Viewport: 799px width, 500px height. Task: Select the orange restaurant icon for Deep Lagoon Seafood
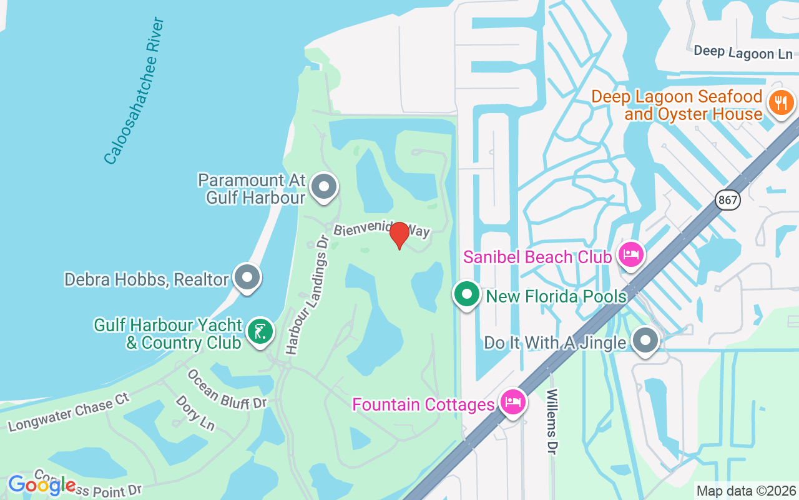click(x=781, y=102)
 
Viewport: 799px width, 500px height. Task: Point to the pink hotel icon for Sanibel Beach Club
click(x=631, y=255)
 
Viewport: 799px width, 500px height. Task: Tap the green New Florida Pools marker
click(x=466, y=294)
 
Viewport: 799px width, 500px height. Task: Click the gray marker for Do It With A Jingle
click(x=645, y=341)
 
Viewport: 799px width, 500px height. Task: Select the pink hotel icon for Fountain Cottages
click(x=514, y=402)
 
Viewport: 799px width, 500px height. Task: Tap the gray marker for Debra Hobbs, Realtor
click(x=247, y=277)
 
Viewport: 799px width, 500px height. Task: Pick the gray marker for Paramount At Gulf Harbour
click(x=323, y=187)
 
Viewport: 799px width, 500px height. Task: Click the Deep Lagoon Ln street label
click(x=743, y=52)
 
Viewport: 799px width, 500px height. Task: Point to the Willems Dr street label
click(x=552, y=422)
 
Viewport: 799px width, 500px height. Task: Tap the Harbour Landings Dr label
click(x=306, y=295)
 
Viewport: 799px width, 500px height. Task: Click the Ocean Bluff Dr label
click(x=227, y=389)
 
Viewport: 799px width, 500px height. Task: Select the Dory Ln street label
click(x=195, y=412)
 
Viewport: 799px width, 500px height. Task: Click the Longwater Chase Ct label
click(x=68, y=412)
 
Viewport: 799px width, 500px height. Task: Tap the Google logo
click(x=41, y=485)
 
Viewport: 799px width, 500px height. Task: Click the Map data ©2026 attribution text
click(x=746, y=491)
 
